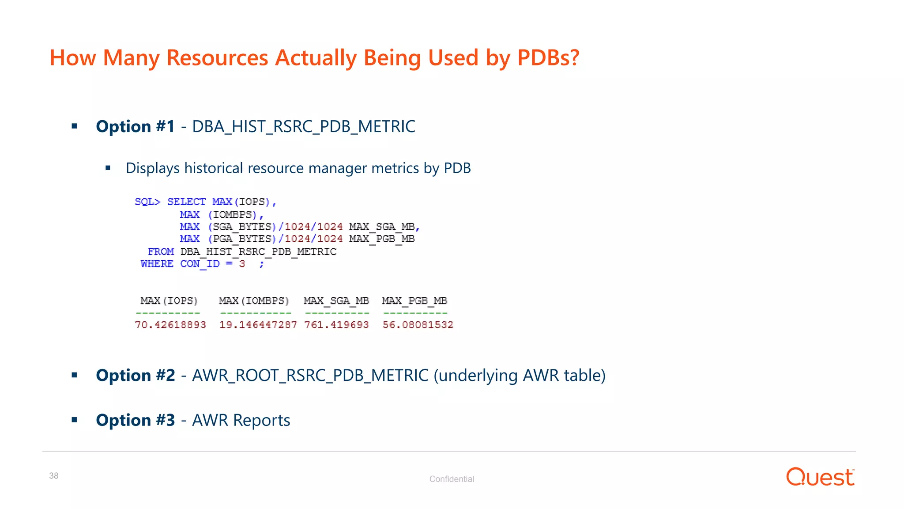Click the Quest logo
click(820, 477)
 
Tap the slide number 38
click(54, 476)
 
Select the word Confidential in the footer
click(452, 479)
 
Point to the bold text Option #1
click(135, 127)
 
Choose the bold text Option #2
click(135, 376)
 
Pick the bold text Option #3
click(135, 420)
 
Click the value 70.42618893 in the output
click(170, 325)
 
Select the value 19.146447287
click(258, 325)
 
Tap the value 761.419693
click(336, 325)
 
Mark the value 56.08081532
click(418, 325)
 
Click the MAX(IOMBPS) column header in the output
click(254, 301)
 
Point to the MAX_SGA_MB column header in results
click(336, 301)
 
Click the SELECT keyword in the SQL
click(186, 202)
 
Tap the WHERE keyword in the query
click(157, 264)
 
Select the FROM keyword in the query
click(161, 252)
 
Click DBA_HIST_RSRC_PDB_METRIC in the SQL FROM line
click(258, 252)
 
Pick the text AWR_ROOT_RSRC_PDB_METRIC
click(310, 376)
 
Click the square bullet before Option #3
click(74, 420)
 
